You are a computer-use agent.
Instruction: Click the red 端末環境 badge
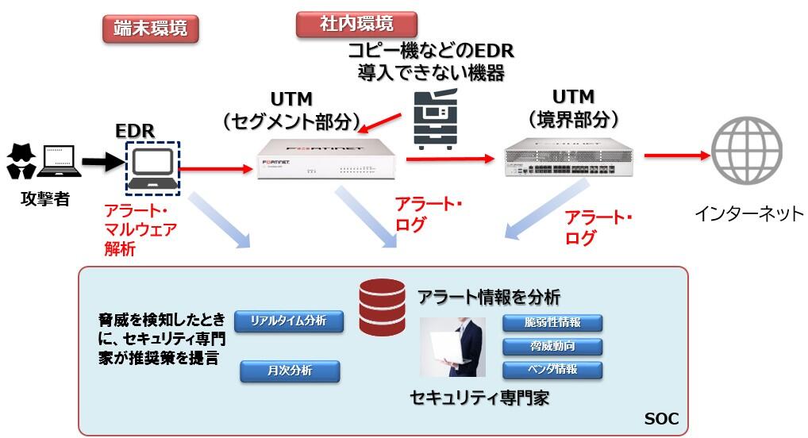pos(150,29)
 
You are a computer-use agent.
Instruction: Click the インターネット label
pos(748,213)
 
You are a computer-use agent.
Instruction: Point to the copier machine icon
pos(437,121)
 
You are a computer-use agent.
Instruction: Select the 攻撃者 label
pos(44,199)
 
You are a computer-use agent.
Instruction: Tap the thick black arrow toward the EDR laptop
pos(102,163)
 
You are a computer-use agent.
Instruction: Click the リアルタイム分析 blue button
pos(289,321)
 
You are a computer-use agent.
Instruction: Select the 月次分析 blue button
pos(289,371)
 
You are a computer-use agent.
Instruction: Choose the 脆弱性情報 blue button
pos(552,323)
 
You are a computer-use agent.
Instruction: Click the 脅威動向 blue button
pos(552,346)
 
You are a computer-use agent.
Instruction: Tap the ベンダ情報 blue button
pos(552,369)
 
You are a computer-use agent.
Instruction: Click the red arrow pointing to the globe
pos(675,156)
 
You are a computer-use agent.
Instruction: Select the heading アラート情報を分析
pos(489,297)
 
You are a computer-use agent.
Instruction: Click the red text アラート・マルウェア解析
pos(140,230)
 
